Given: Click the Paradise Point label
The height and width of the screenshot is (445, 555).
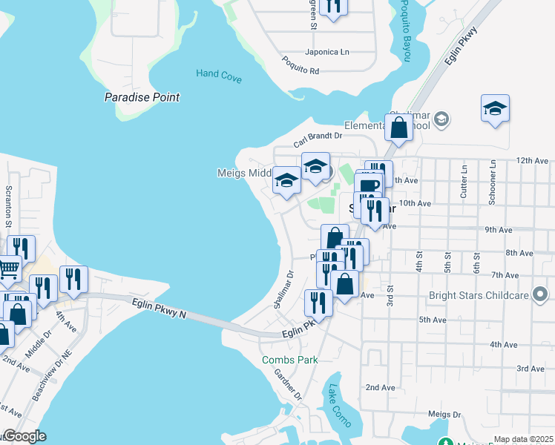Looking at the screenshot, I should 142,97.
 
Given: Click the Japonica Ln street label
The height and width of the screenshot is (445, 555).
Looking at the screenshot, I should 326,53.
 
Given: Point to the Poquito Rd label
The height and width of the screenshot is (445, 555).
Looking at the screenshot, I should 300,67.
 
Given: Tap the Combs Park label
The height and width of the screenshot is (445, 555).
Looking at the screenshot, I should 289,360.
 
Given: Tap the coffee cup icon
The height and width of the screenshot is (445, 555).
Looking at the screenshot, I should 367,185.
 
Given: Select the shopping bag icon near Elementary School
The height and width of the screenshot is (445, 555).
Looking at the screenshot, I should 399,128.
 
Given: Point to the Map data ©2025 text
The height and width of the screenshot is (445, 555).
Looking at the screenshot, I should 522,439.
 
